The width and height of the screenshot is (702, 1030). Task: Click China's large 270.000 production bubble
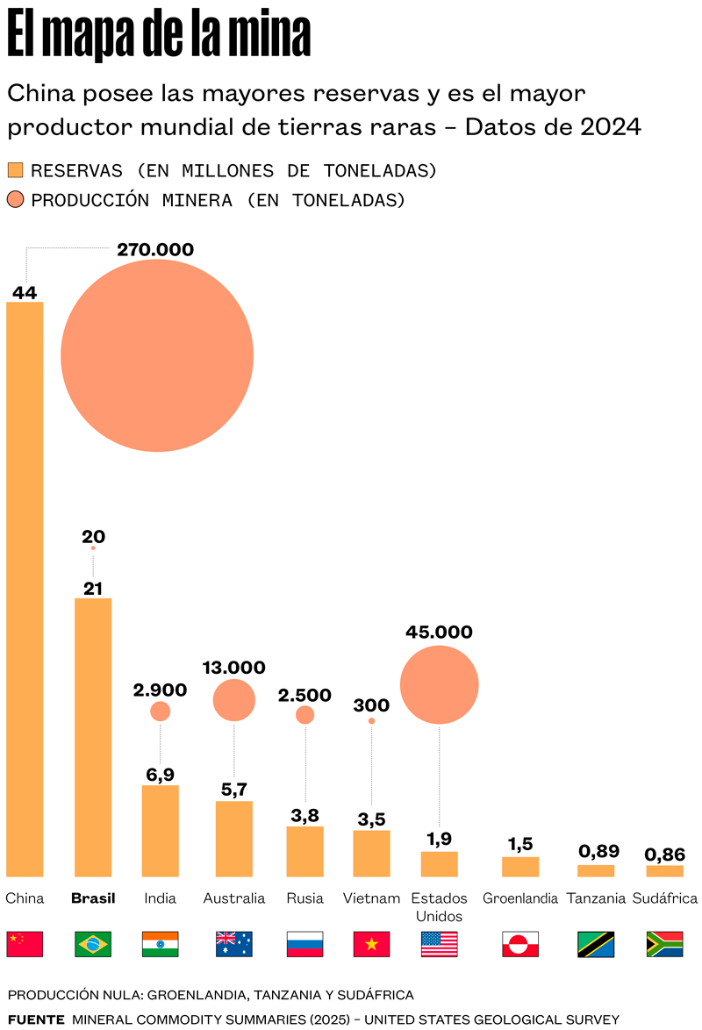(x=157, y=355)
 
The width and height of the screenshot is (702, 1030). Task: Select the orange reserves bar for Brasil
(x=93, y=737)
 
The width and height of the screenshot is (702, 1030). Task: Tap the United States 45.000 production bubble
(x=439, y=684)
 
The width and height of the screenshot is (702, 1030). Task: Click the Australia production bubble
(x=234, y=699)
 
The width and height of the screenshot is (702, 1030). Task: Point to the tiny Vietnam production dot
(x=371, y=721)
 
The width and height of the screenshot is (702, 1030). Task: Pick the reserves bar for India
(x=161, y=831)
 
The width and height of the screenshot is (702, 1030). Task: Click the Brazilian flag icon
(x=93, y=944)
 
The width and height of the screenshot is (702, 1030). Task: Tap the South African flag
(x=664, y=944)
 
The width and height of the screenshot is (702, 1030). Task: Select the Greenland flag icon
(x=520, y=944)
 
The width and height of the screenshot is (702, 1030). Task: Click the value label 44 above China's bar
(x=25, y=293)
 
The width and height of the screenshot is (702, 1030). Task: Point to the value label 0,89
(x=598, y=851)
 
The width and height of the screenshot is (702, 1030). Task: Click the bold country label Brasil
(x=93, y=898)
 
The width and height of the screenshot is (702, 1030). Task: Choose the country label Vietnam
(x=371, y=898)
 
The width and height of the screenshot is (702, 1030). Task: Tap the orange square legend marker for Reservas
(x=15, y=170)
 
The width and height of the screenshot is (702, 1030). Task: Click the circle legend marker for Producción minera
(x=15, y=200)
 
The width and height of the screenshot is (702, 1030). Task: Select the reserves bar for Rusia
(x=305, y=851)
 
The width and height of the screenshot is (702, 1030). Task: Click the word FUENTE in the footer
(x=36, y=1019)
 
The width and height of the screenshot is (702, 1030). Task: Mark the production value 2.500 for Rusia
(x=304, y=695)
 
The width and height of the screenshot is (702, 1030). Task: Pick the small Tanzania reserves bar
(x=596, y=871)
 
